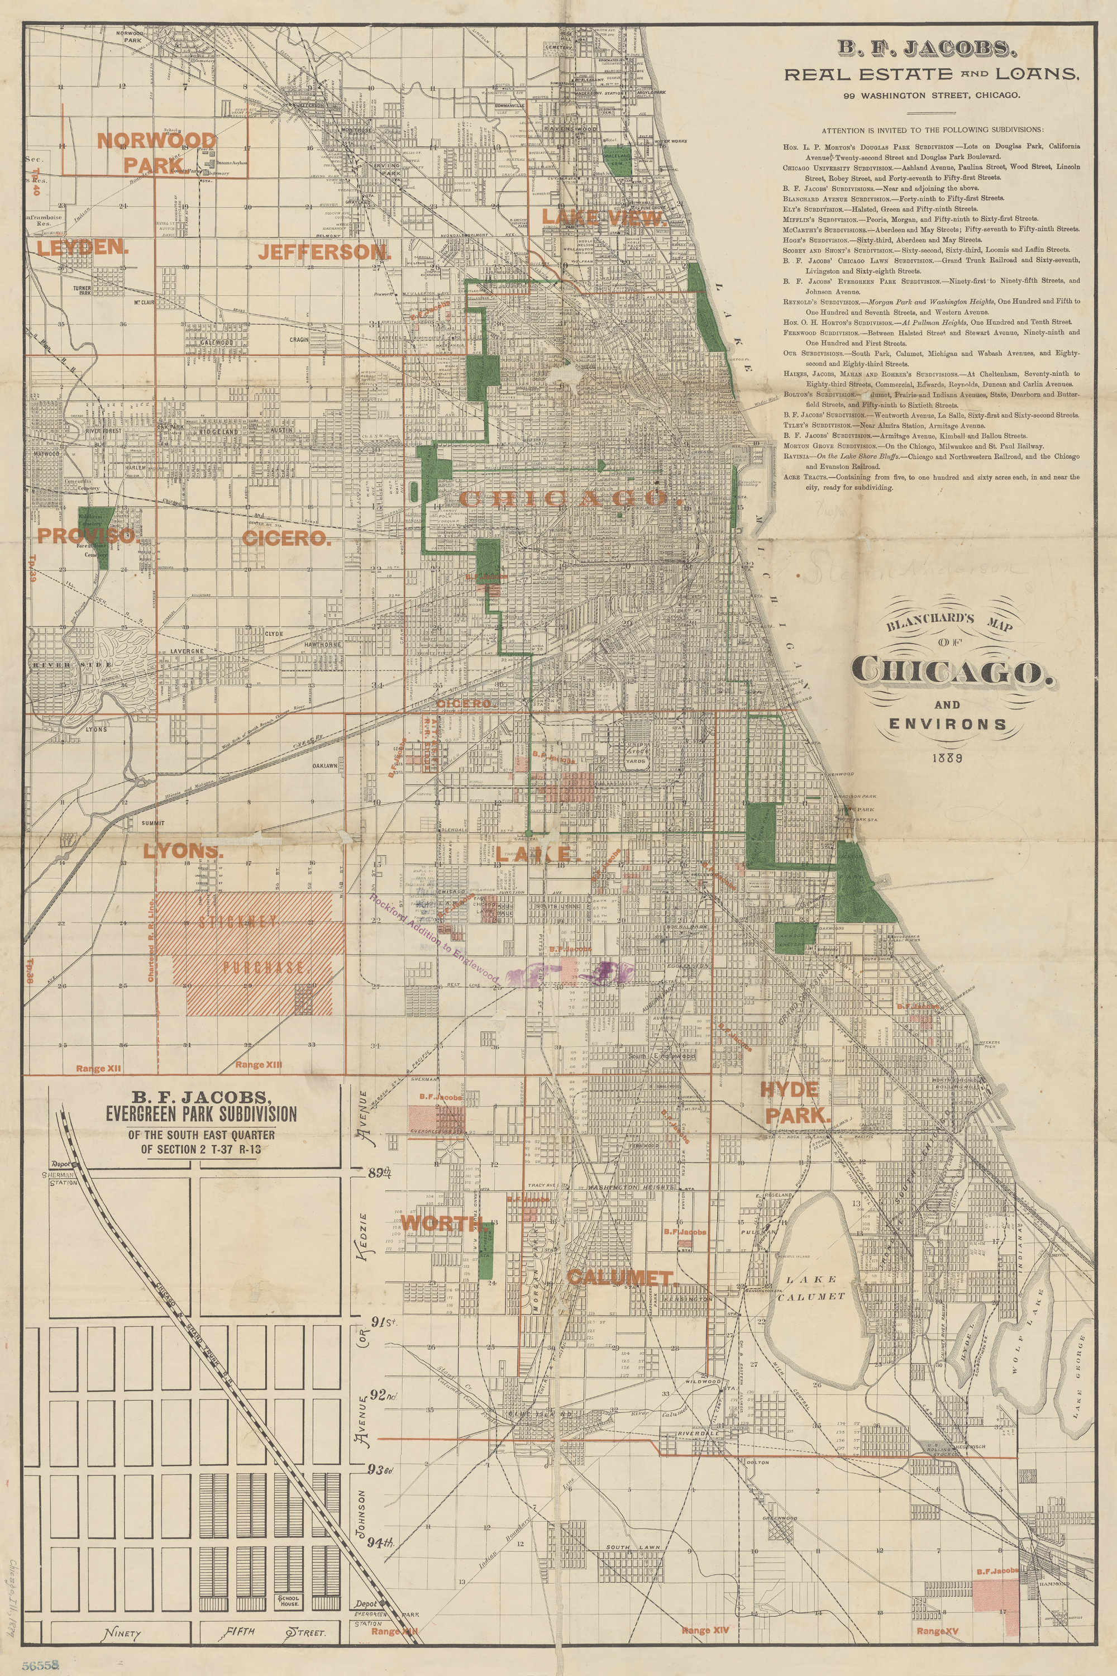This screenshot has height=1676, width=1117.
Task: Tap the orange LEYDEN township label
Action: pyautogui.click(x=83, y=248)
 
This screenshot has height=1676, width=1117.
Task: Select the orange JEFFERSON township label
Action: pyautogui.click(x=325, y=251)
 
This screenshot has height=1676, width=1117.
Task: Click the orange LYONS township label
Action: pyautogui.click(x=183, y=851)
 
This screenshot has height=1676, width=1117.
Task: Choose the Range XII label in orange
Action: pyautogui.click(x=99, y=1069)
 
